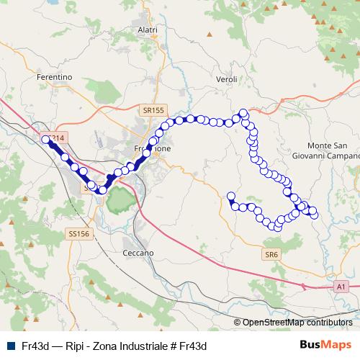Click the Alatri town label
pyautogui.click(x=147, y=30)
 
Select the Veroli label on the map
pyautogui.click(x=227, y=78)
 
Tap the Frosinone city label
pyautogui.click(x=153, y=148)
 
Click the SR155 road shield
pyautogui.click(x=153, y=109)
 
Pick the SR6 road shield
pyautogui.click(x=271, y=255)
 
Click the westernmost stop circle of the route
pyautogui.click(x=46, y=140)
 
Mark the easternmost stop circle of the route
pyautogui.click(x=314, y=214)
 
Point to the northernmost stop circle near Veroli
pyautogui.click(x=244, y=113)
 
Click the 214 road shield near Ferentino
pyautogui.click(x=58, y=138)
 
